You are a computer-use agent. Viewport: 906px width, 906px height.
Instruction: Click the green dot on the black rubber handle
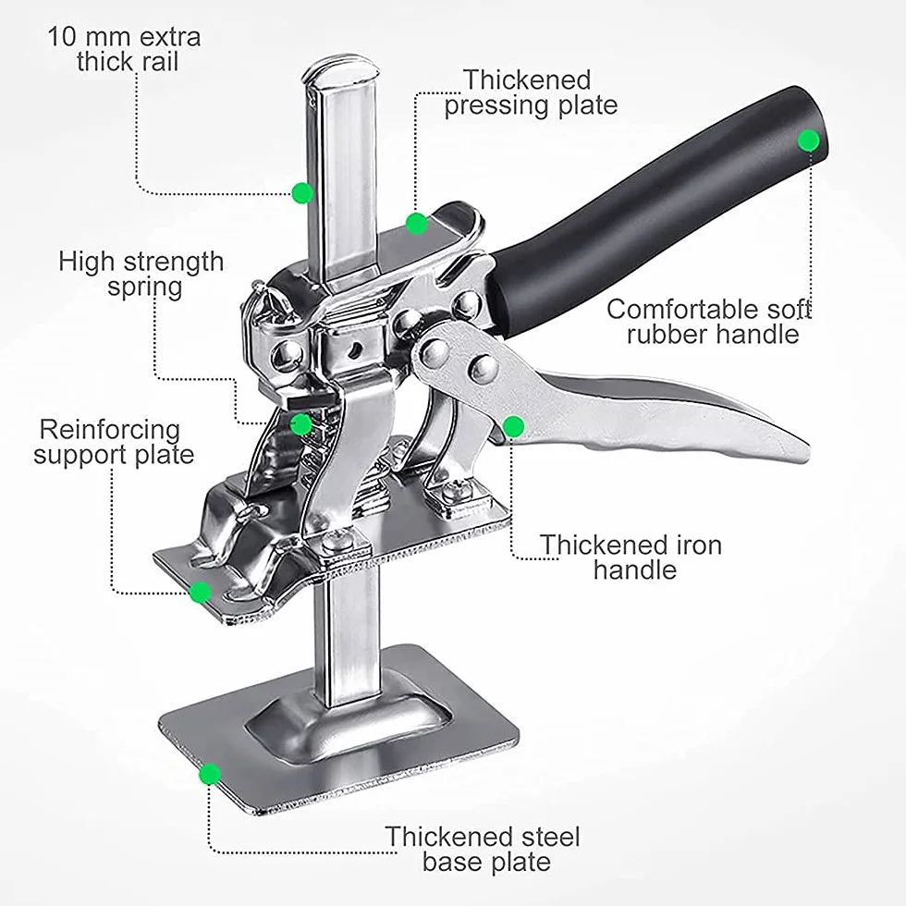click(808, 141)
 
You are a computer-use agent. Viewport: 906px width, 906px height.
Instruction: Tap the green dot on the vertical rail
click(301, 192)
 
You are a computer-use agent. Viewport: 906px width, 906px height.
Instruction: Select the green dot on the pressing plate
click(417, 224)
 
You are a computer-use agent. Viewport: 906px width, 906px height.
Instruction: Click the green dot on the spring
click(300, 424)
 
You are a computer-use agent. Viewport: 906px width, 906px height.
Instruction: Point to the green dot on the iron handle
click(513, 427)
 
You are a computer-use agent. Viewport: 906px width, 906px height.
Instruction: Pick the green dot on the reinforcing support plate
click(201, 593)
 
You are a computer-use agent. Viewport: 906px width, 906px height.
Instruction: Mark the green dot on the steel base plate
click(209, 775)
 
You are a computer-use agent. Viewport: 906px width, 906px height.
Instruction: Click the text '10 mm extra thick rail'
click(124, 49)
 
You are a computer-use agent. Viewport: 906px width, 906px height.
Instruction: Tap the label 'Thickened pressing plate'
click(531, 92)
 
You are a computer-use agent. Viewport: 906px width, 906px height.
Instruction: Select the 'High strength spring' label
click(141, 274)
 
